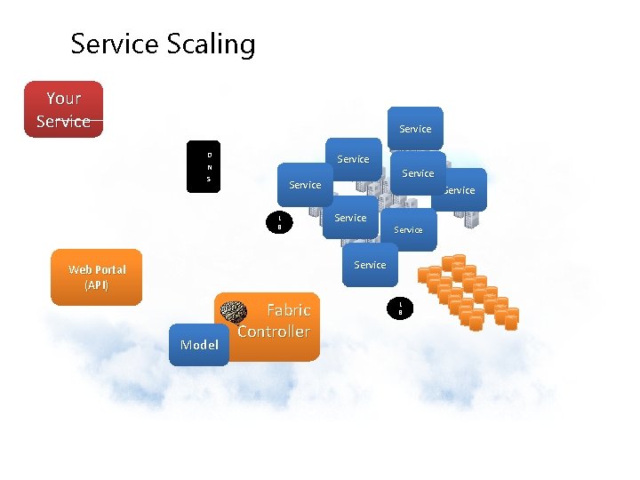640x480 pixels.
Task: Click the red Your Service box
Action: coord(63,109)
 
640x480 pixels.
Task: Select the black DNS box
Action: coord(209,166)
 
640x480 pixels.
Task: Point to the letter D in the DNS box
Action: coord(209,155)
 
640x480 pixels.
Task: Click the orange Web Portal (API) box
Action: coord(96,276)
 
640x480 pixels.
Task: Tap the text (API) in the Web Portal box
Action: coord(96,285)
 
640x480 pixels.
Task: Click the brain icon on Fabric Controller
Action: coord(233,311)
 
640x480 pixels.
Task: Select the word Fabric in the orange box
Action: coord(288,310)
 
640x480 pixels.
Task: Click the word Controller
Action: coord(274,332)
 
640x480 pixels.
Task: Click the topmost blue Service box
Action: coord(415,129)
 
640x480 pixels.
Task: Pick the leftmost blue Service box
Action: coord(305,185)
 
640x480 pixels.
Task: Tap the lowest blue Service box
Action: coord(370,265)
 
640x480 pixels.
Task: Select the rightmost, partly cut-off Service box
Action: coord(461,189)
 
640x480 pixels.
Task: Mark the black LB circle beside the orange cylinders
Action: coord(400,308)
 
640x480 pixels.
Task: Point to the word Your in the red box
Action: coord(63,98)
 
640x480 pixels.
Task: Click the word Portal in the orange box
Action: coord(108,269)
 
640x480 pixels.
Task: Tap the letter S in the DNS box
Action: coord(209,179)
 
